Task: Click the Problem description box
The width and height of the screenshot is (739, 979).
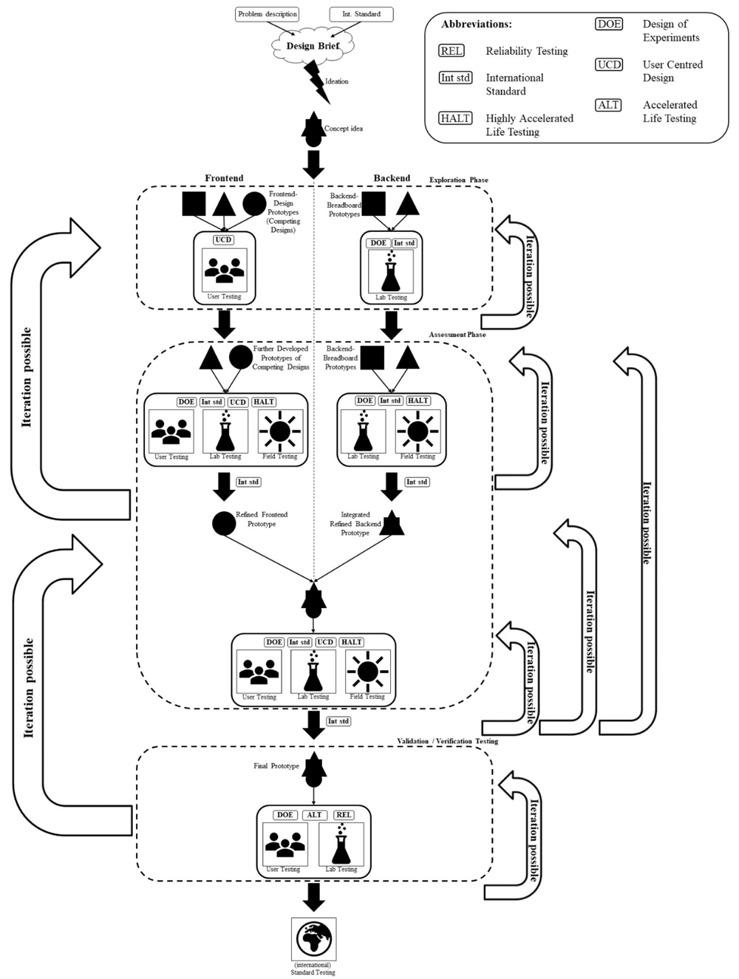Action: [x=268, y=13]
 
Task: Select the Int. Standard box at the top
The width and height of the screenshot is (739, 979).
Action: [x=361, y=13]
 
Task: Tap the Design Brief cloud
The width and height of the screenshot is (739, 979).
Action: [x=313, y=46]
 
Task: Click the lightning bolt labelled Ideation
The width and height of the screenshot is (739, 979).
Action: [x=316, y=81]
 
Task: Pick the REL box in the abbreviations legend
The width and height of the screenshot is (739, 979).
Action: [x=452, y=51]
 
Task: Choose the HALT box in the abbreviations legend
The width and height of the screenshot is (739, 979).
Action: [x=455, y=118]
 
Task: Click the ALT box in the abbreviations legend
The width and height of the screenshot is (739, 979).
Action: [x=608, y=105]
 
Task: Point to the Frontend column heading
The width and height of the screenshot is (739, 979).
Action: [x=224, y=178]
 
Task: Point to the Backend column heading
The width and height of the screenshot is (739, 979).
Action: [x=392, y=178]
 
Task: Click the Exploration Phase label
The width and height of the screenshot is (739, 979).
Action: [x=458, y=180]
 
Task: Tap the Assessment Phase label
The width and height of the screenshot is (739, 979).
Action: [x=457, y=335]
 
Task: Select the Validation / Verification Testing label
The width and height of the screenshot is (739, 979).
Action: [x=447, y=741]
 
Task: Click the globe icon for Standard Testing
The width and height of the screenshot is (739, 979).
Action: [x=314, y=938]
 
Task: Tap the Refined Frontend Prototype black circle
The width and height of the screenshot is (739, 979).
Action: [x=224, y=523]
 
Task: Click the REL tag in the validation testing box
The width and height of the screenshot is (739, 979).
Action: [x=344, y=815]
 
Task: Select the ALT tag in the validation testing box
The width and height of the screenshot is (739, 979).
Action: [x=314, y=815]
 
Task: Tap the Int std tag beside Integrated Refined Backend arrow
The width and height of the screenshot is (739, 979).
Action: [x=417, y=482]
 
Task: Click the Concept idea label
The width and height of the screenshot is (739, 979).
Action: [x=344, y=129]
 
